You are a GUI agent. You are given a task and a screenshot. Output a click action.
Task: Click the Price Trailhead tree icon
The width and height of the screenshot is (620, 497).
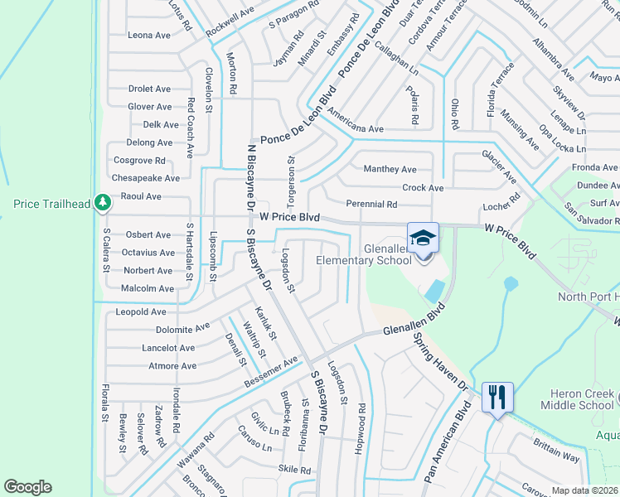point(102,202)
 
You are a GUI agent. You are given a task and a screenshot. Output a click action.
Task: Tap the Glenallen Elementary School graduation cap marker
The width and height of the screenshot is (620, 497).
point(423,238)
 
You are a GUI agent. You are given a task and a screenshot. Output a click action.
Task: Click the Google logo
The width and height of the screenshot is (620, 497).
point(27,487)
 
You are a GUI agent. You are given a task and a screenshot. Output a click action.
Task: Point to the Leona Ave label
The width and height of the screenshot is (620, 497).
point(149,36)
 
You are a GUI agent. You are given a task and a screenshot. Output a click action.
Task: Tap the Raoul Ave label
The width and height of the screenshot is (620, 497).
point(141,196)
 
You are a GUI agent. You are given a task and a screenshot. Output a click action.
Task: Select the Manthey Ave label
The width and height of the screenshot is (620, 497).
point(390,169)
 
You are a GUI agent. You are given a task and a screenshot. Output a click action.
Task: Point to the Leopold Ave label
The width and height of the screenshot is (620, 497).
point(141,312)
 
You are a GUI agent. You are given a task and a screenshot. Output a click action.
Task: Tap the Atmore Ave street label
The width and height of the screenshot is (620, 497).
point(172,366)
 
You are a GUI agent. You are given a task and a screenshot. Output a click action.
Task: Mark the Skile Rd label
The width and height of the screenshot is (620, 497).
point(294,470)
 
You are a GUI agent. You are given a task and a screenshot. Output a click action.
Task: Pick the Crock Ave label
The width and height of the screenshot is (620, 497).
point(423,188)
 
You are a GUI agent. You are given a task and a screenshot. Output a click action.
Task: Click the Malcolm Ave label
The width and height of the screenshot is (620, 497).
point(148,288)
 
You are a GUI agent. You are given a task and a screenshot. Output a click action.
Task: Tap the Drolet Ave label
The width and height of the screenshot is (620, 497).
point(149,89)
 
